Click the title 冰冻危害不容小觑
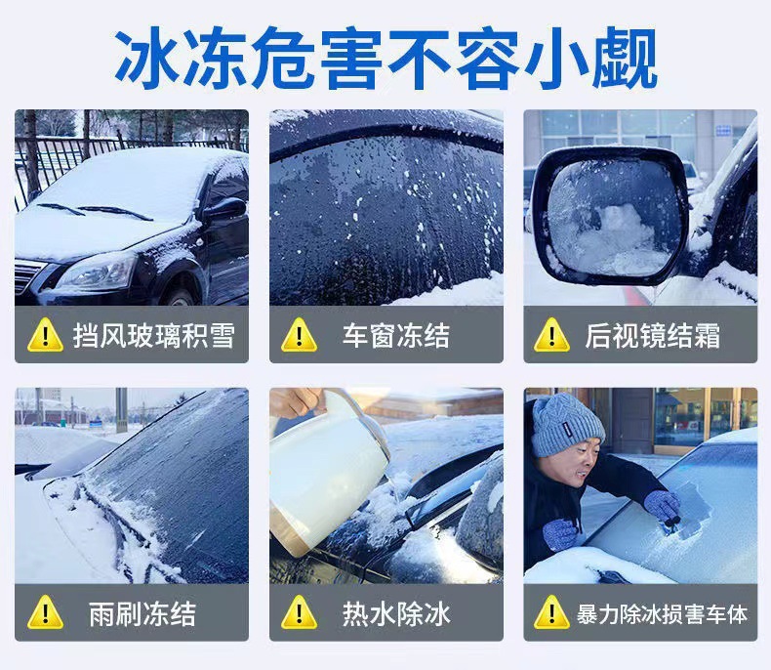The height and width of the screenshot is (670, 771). point(386,58)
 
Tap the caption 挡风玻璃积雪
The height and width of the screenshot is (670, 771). point(154,336)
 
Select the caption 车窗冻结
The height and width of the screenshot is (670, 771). point(396,336)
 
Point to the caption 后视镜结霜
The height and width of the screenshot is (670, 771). point(653,336)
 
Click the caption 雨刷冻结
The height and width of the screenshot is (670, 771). point(142,614)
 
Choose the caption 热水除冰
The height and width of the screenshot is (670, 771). point(396,614)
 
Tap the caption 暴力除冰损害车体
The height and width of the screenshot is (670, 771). point(662,614)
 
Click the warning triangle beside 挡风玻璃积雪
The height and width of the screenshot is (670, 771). point(45,336)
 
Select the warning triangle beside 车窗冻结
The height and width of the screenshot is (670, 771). point(299,336)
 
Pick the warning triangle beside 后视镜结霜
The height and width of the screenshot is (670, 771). point(551,336)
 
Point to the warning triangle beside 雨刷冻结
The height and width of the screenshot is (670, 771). point(45,613)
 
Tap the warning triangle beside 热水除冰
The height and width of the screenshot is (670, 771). point(299,613)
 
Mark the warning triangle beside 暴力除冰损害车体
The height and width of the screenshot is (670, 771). point(551,613)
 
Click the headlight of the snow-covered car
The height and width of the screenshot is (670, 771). point(97,273)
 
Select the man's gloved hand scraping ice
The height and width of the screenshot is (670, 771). point(663,506)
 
